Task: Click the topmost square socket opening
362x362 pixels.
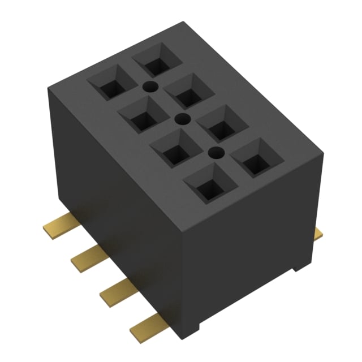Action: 155,60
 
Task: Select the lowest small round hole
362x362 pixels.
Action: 214,152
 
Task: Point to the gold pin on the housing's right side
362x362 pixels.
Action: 318,232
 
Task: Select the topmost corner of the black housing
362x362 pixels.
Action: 184,22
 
